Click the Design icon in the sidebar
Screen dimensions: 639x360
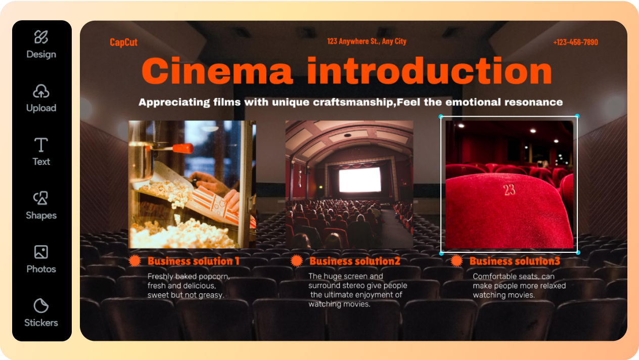(41, 37)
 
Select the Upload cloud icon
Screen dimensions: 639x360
(41, 91)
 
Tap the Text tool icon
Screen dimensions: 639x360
(41, 145)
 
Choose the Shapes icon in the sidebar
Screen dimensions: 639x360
(41, 198)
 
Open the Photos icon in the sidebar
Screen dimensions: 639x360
(41, 252)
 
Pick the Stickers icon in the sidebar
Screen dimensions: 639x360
(41, 305)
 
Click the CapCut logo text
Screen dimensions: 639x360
(123, 42)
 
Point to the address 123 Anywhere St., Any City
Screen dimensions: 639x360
(367, 41)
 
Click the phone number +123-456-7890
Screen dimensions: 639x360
(575, 42)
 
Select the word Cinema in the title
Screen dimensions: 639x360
(217, 71)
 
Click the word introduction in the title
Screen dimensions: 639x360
(429, 71)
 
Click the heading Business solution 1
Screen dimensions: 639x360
(194, 261)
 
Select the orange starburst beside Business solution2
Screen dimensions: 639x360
(296, 261)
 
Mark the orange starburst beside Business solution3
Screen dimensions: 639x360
(457, 261)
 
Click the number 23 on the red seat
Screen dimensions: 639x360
(509, 190)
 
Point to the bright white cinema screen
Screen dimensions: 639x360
(360, 179)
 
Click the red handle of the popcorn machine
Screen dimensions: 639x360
(183, 148)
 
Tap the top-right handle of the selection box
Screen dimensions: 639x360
(577, 116)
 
